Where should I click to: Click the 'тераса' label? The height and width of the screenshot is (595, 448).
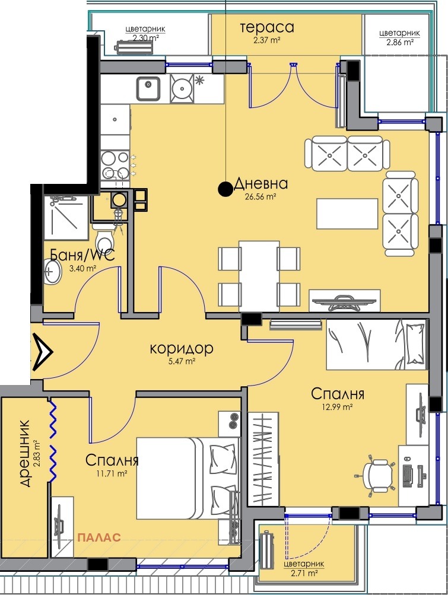[x=267, y=27]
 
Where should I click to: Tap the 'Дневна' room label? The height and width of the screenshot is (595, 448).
[x=261, y=184]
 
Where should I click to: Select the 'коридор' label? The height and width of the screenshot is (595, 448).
[x=182, y=348]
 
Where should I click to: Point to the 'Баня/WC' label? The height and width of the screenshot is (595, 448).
[x=82, y=255]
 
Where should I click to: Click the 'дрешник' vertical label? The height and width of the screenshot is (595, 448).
[x=24, y=453]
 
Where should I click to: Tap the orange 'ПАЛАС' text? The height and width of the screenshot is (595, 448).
[x=99, y=537]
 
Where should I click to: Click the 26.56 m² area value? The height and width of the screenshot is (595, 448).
[x=260, y=196]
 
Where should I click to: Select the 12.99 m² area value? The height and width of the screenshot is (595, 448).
[x=338, y=407]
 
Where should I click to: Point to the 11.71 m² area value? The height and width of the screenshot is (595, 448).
[x=111, y=473]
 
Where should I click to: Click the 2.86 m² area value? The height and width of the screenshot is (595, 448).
[x=400, y=43]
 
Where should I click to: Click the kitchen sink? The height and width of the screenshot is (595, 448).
[x=148, y=88]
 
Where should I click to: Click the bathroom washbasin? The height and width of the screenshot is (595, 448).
[x=52, y=271]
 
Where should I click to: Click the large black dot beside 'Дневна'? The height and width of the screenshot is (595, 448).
[x=225, y=189]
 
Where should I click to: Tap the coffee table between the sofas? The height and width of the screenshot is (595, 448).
[x=347, y=214]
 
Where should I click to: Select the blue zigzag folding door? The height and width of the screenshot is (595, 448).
[x=53, y=441]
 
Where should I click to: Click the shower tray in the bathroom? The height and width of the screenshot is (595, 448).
[x=66, y=218]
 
